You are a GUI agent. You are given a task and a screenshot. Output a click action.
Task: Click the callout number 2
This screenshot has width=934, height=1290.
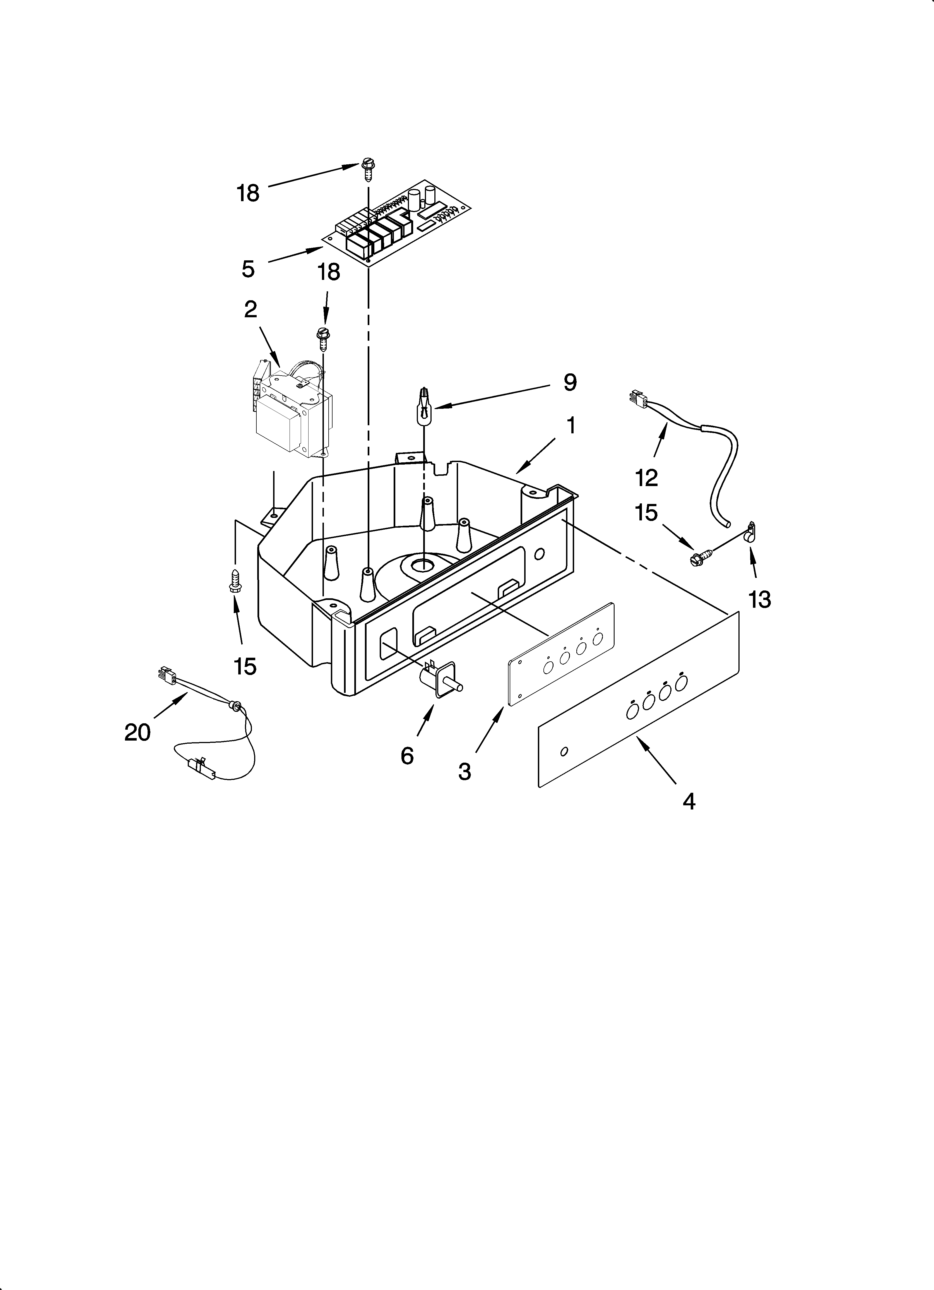click(250, 309)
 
